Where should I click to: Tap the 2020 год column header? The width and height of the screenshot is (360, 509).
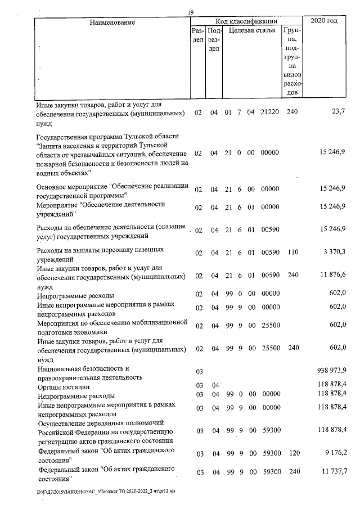324,21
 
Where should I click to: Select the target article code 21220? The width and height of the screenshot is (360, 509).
271,112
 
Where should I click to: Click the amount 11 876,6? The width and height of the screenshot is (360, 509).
332,275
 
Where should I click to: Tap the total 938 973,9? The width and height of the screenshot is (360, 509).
332,371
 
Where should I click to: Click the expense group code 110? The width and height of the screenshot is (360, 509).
291,254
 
